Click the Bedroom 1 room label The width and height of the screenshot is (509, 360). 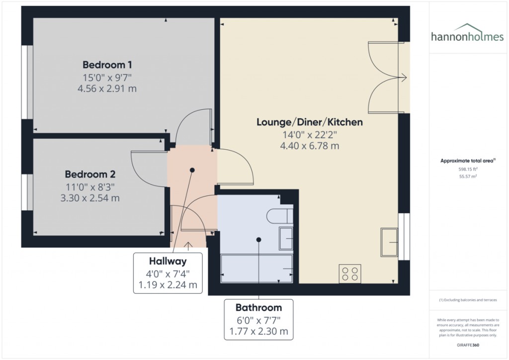(x=107, y=65)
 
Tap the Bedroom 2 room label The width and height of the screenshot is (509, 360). (x=90, y=175)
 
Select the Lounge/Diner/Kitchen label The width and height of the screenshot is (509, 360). (x=309, y=122)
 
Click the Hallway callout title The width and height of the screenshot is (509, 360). (x=168, y=261)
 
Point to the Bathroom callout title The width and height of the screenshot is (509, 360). (x=258, y=307)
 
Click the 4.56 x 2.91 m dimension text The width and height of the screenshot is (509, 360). (x=107, y=89)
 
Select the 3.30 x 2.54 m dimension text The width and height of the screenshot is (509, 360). (x=90, y=198)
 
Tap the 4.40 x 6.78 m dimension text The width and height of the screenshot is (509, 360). (x=309, y=146)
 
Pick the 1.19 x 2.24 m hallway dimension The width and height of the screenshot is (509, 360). (x=168, y=285)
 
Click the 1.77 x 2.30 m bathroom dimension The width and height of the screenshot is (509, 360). (x=258, y=331)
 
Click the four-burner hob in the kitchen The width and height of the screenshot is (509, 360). (x=350, y=274)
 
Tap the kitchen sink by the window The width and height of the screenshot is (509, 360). (x=389, y=242)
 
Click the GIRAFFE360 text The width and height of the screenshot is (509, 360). (x=467, y=345)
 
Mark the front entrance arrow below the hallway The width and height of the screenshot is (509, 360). (x=188, y=244)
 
